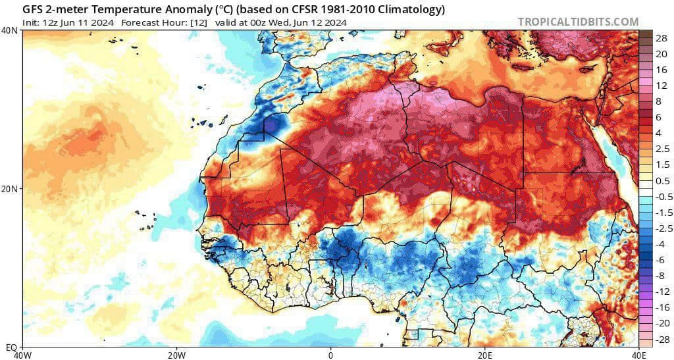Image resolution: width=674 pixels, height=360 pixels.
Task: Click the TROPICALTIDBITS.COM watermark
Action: point(578,22)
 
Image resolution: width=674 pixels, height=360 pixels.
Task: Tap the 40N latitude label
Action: point(10,30)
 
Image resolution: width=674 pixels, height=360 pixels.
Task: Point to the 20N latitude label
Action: point(10,189)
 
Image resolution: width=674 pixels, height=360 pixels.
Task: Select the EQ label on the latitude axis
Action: point(11,346)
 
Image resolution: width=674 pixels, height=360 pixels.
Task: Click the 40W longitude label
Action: point(23,355)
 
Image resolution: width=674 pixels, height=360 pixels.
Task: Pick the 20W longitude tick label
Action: point(176,355)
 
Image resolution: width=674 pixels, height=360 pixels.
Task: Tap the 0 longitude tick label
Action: point(331,355)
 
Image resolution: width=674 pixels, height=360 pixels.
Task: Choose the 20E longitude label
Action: point(485,355)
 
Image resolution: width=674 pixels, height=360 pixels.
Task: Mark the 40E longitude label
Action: point(638,355)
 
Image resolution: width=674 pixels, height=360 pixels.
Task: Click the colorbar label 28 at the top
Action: point(661,38)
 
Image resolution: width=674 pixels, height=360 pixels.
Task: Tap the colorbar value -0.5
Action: point(661,197)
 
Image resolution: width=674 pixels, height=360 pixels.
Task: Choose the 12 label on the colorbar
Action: point(661,86)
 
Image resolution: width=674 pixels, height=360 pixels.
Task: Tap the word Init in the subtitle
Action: point(31,22)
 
